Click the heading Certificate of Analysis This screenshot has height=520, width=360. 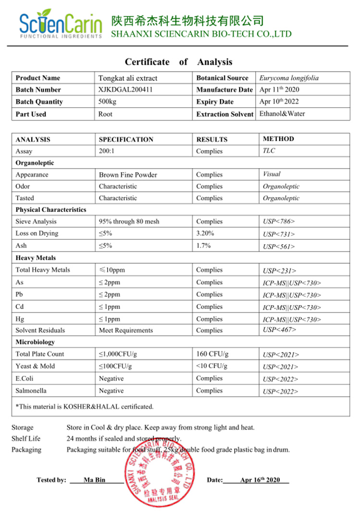pos(178,62)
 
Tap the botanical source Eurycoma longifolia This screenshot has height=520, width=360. pos(289,78)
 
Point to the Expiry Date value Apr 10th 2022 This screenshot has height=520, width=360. pos(279,102)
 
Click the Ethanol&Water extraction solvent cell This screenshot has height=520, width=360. pos(282,114)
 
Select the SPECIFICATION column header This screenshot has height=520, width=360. pos(126,139)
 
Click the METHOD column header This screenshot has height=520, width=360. pos(278,139)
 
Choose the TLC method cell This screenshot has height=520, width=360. pos(269,150)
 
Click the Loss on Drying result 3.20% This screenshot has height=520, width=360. pos(205,234)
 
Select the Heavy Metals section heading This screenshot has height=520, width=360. pos(36,258)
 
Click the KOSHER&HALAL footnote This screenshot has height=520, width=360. pos(85,407)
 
